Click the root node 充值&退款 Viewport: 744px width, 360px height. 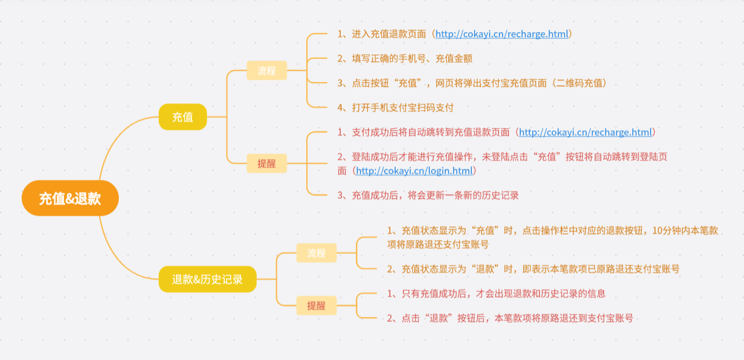click(x=70, y=198)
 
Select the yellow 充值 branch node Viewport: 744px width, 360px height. click(x=182, y=117)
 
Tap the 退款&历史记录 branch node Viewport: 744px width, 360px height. click(x=207, y=279)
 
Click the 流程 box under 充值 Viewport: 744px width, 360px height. click(x=266, y=70)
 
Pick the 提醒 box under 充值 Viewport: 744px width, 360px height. click(x=266, y=163)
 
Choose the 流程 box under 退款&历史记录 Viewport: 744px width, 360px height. click(x=316, y=253)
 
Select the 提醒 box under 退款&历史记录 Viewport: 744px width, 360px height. click(x=316, y=305)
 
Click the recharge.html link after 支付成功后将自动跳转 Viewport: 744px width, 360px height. click(x=585, y=133)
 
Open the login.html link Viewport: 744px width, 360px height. click(x=414, y=171)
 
